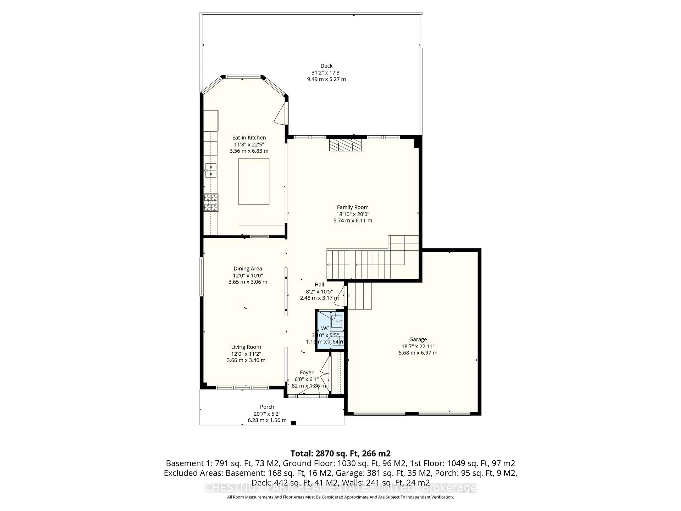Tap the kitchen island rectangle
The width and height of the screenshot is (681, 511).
point(254,181)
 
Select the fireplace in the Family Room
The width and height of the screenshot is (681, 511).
point(345,145)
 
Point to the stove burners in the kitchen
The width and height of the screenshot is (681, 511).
point(211,202)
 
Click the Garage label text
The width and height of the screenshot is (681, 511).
point(418,339)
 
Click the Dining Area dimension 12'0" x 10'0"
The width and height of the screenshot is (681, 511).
point(248,275)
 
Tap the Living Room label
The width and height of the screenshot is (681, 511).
point(246,347)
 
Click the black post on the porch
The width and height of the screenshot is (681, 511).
point(293,423)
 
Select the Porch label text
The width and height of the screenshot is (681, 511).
point(267,407)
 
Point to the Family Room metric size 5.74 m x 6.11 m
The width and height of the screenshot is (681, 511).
point(353,221)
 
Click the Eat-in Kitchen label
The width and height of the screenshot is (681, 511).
point(249,138)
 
